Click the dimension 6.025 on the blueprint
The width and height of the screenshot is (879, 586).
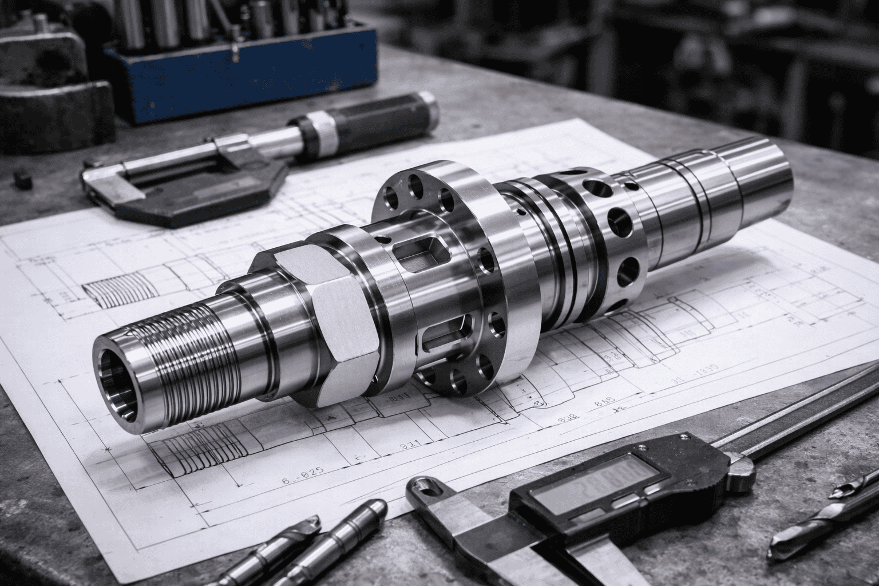[303, 470]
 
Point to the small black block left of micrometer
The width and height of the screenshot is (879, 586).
[22, 179]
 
